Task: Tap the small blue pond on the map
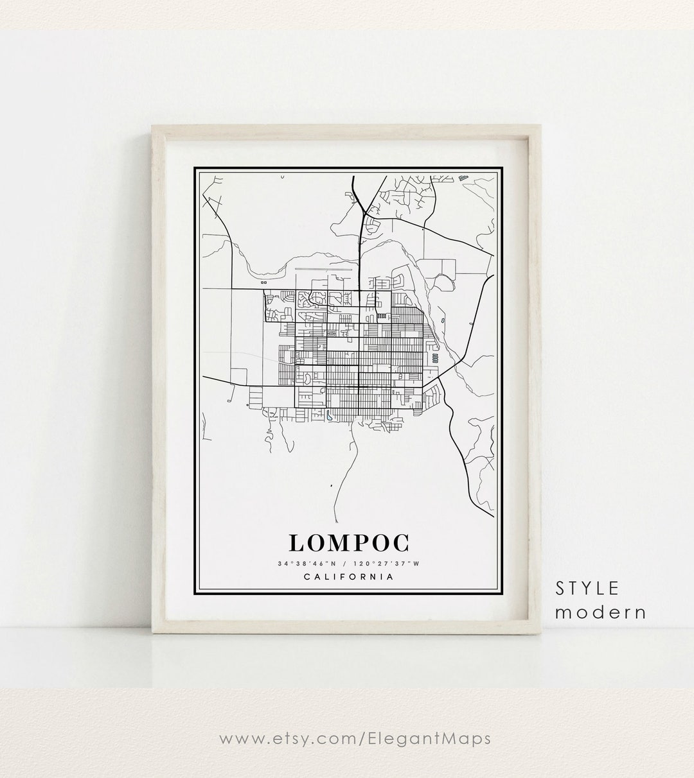(x=329, y=415)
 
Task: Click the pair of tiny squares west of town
(x=263, y=281)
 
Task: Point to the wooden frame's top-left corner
(x=152, y=126)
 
